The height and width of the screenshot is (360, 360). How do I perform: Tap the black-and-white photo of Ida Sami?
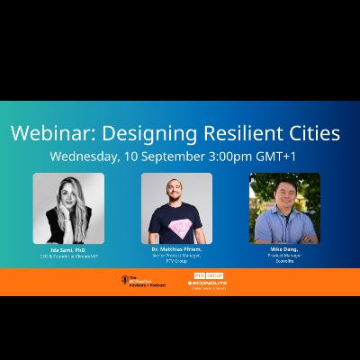coord(67,208)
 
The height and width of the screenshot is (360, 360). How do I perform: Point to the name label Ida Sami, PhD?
coord(68,249)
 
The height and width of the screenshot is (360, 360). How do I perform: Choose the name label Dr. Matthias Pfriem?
coord(176,249)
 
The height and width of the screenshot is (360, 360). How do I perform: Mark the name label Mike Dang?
coord(284,249)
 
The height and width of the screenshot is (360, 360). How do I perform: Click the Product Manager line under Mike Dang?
coord(284,255)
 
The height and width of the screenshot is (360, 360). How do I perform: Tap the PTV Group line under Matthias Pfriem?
coord(176,260)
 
